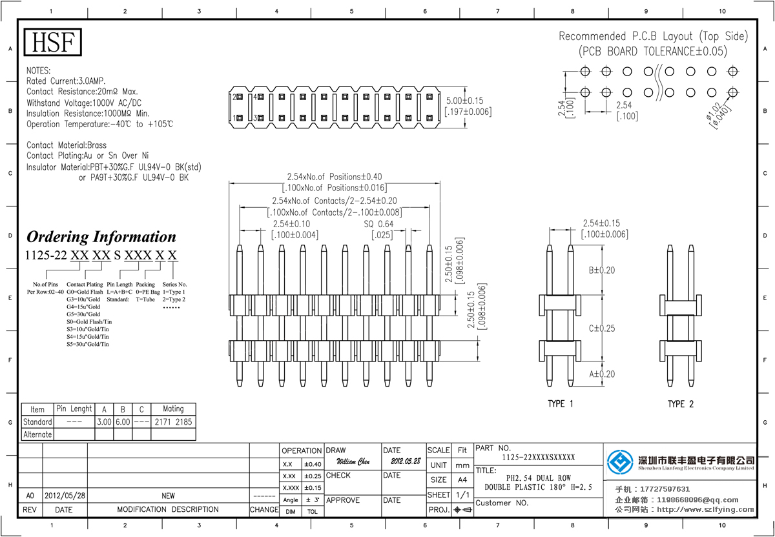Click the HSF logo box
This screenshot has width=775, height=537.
tap(54, 43)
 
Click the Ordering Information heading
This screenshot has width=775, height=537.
tap(101, 237)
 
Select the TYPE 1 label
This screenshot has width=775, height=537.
tap(561, 404)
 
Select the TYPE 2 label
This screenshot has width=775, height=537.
tap(681, 404)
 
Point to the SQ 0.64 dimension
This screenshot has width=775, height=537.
tap(378, 224)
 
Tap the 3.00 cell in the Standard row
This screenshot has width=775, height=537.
tap(104, 422)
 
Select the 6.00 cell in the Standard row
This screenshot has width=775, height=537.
tap(123, 422)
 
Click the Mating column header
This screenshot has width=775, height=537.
tap(173, 409)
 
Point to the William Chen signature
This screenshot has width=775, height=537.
tap(353, 462)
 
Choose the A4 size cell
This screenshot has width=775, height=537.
tap(462, 480)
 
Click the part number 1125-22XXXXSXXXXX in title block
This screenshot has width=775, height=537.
tap(538, 458)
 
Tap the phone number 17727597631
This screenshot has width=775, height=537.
tap(665, 489)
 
